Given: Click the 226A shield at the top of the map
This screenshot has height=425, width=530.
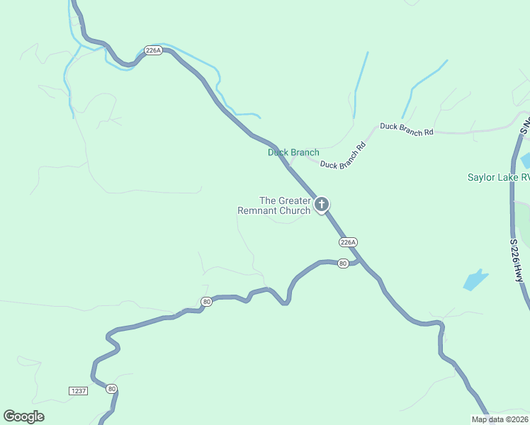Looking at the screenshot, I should pos(153,50).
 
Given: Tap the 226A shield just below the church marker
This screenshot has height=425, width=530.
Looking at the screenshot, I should pos(347,242).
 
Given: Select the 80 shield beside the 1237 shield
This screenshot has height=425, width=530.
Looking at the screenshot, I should pos(111,389).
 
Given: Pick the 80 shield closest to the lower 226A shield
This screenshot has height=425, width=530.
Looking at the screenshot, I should pos(344,263).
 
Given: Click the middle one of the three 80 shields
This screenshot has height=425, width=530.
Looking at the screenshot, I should pos(207,301).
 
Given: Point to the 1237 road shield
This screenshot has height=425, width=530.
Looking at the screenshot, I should pos(79,391).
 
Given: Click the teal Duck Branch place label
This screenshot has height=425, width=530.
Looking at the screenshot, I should pos(293,152).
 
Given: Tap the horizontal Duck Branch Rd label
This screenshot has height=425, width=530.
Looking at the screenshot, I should pos(406,129).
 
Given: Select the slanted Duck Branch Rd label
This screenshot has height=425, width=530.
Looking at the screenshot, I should pos(342,157).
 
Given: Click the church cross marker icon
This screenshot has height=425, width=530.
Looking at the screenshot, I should pos(321,205).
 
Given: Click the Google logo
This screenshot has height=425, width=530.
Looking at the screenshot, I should pos(24,416).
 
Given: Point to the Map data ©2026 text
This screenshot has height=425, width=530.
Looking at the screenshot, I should pos(500,419).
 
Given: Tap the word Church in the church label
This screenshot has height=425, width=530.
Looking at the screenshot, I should pos(295,210).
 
